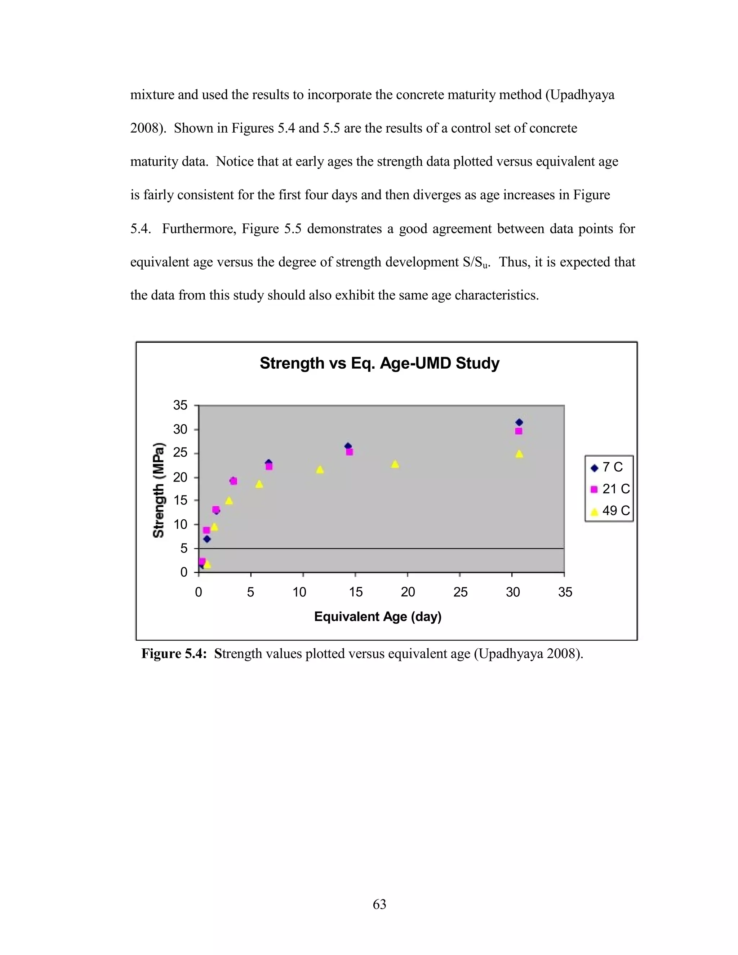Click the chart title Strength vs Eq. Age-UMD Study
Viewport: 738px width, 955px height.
379,363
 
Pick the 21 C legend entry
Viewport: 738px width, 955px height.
611,489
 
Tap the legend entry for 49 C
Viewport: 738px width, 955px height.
611,510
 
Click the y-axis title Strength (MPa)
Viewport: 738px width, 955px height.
159,490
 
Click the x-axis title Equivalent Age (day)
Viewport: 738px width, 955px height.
378,617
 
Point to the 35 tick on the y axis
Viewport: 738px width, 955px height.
180,405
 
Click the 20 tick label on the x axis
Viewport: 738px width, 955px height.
408,592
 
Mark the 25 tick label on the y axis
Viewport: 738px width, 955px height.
180,453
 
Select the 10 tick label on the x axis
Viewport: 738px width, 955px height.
299,592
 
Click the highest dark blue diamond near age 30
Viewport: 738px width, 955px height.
519,422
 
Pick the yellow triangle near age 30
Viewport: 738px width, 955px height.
519,454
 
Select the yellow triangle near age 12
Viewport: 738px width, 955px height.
320,470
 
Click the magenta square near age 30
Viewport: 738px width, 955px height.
519,431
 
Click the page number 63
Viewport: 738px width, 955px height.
379,904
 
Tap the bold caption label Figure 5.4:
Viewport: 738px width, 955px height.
174,654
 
